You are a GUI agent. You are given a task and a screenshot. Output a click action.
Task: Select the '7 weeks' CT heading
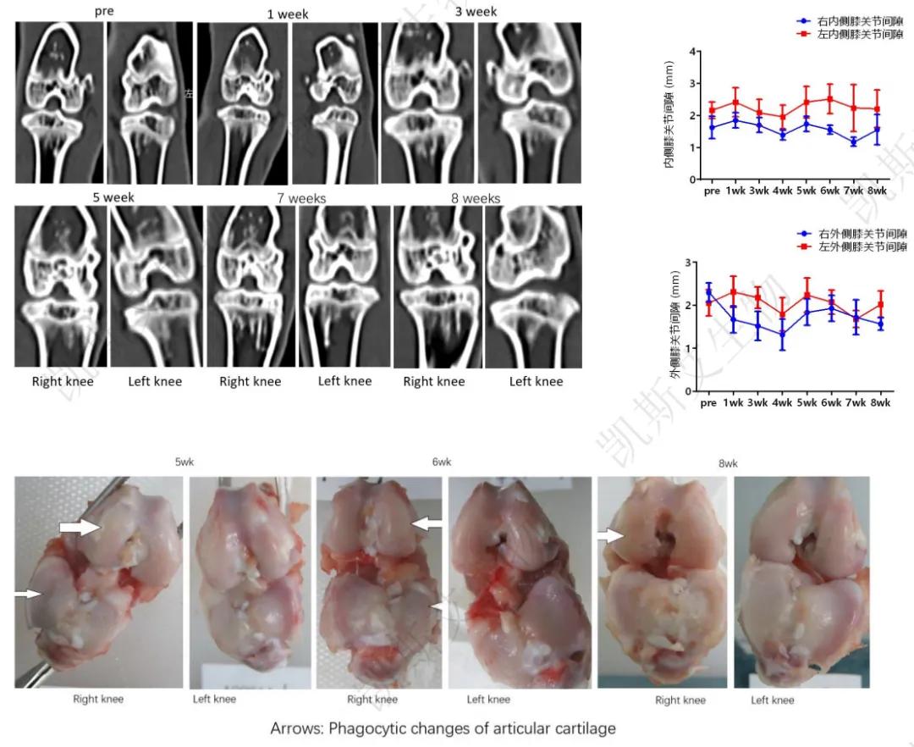[x=300, y=198]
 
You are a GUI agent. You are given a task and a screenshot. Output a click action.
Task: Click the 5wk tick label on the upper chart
[x=807, y=191]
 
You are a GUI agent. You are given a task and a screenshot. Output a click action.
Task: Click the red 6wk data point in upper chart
[x=830, y=99]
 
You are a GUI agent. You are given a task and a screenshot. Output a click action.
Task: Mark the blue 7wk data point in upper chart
[x=854, y=142]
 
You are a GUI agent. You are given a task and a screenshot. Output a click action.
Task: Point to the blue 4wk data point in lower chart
[x=783, y=334]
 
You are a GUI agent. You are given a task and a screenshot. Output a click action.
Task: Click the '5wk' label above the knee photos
[x=183, y=463]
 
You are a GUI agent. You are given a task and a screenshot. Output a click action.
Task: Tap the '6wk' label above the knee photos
[x=442, y=462]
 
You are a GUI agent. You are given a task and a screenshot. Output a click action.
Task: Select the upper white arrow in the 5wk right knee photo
[x=80, y=528]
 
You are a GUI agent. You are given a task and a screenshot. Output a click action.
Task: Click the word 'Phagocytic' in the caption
[x=376, y=728]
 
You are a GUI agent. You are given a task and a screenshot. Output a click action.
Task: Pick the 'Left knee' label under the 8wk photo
[x=772, y=700]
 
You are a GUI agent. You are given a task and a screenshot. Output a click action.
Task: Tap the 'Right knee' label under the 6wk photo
[x=372, y=700]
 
